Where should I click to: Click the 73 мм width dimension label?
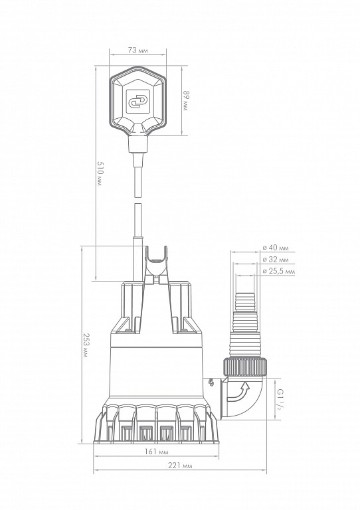point(138,50)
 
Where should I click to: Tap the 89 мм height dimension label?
point(185,100)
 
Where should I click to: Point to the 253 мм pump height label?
point(86,345)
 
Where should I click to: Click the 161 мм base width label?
point(157,452)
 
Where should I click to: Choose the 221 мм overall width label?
point(180,466)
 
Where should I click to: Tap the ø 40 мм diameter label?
point(276,248)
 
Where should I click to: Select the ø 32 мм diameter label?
point(276,260)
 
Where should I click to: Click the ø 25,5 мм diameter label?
point(279,271)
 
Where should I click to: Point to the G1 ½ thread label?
point(279,398)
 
